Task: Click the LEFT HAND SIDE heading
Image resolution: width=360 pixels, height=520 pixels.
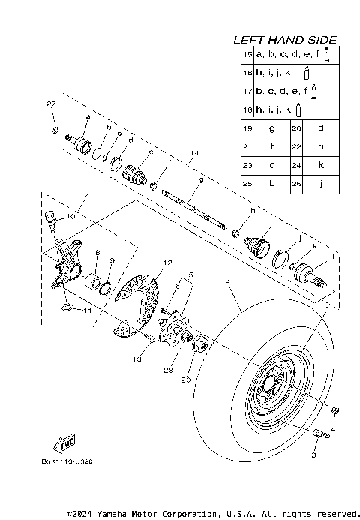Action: (285, 39)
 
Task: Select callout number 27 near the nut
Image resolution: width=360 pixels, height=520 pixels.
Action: (52, 104)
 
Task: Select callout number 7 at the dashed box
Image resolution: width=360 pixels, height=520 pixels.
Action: (85, 196)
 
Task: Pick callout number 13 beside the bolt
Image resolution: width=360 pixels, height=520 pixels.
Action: (137, 360)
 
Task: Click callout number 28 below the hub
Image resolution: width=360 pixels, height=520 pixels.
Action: (169, 371)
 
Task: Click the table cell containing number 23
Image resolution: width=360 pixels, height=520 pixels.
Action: (247, 164)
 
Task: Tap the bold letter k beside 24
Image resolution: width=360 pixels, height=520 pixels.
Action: (320, 164)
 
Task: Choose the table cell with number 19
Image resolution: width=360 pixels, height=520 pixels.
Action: (247, 128)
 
